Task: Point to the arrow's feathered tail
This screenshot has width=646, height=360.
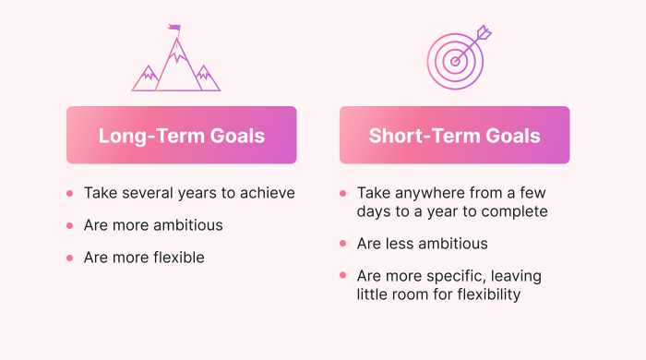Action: [x=483, y=34]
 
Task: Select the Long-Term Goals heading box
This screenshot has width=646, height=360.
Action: [x=182, y=136]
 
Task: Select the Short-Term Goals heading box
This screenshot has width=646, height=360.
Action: [x=454, y=136]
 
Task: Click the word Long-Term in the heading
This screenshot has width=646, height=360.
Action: [x=142, y=136]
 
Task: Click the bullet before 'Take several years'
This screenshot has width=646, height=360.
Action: [x=69, y=194]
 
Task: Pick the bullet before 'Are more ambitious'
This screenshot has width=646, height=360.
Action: [x=69, y=225]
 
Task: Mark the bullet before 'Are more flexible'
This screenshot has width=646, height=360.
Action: [x=69, y=258]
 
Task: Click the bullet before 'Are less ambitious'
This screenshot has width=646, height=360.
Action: [x=342, y=245]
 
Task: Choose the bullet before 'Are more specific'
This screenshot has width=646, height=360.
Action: [x=342, y=276]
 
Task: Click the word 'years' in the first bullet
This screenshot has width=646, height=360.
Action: [x=203, y=194]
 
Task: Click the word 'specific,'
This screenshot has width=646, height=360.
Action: [x=461, y=276]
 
